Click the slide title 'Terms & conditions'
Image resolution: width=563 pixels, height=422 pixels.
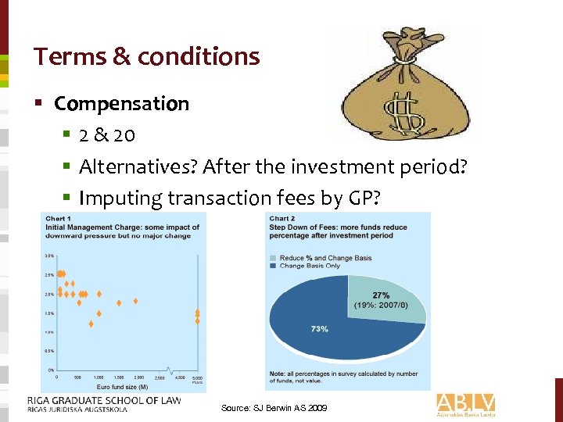pyautogui.click(x=146, y=57)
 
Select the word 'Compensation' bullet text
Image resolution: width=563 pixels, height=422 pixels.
pyautogui.click(x=121, y=104)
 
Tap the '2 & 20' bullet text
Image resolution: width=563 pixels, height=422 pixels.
pyautogui.click(x=107, y=135)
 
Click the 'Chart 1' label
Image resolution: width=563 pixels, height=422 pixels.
pyautogui.click(x=59, y=219)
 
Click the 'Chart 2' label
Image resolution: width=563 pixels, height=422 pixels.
pyautogui.click(x=282, y=219)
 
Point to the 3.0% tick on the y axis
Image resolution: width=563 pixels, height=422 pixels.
pyautogui.click(x=48, y=256)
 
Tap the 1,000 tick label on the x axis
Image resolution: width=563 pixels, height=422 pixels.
pyautogui.click(x=99, y=377)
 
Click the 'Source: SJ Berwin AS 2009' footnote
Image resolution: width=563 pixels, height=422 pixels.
pyautogui.click(x=274, y=409)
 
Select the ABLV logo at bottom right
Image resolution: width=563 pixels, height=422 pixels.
pyautogui.click(x=466, y=405)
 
